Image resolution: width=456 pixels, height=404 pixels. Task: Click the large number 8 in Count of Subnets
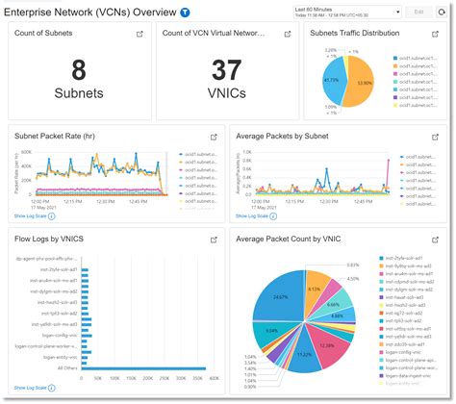tap(79, 70)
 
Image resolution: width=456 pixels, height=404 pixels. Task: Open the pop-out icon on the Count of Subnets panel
tap(139, 33)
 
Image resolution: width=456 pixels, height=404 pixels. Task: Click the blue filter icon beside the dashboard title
tap(185, 13)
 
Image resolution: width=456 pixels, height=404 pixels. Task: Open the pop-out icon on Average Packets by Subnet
tap(439, 136)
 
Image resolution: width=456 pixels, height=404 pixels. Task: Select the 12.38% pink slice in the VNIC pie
tap(328, 343)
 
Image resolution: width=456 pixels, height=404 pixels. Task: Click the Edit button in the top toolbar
tap(418, 12)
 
